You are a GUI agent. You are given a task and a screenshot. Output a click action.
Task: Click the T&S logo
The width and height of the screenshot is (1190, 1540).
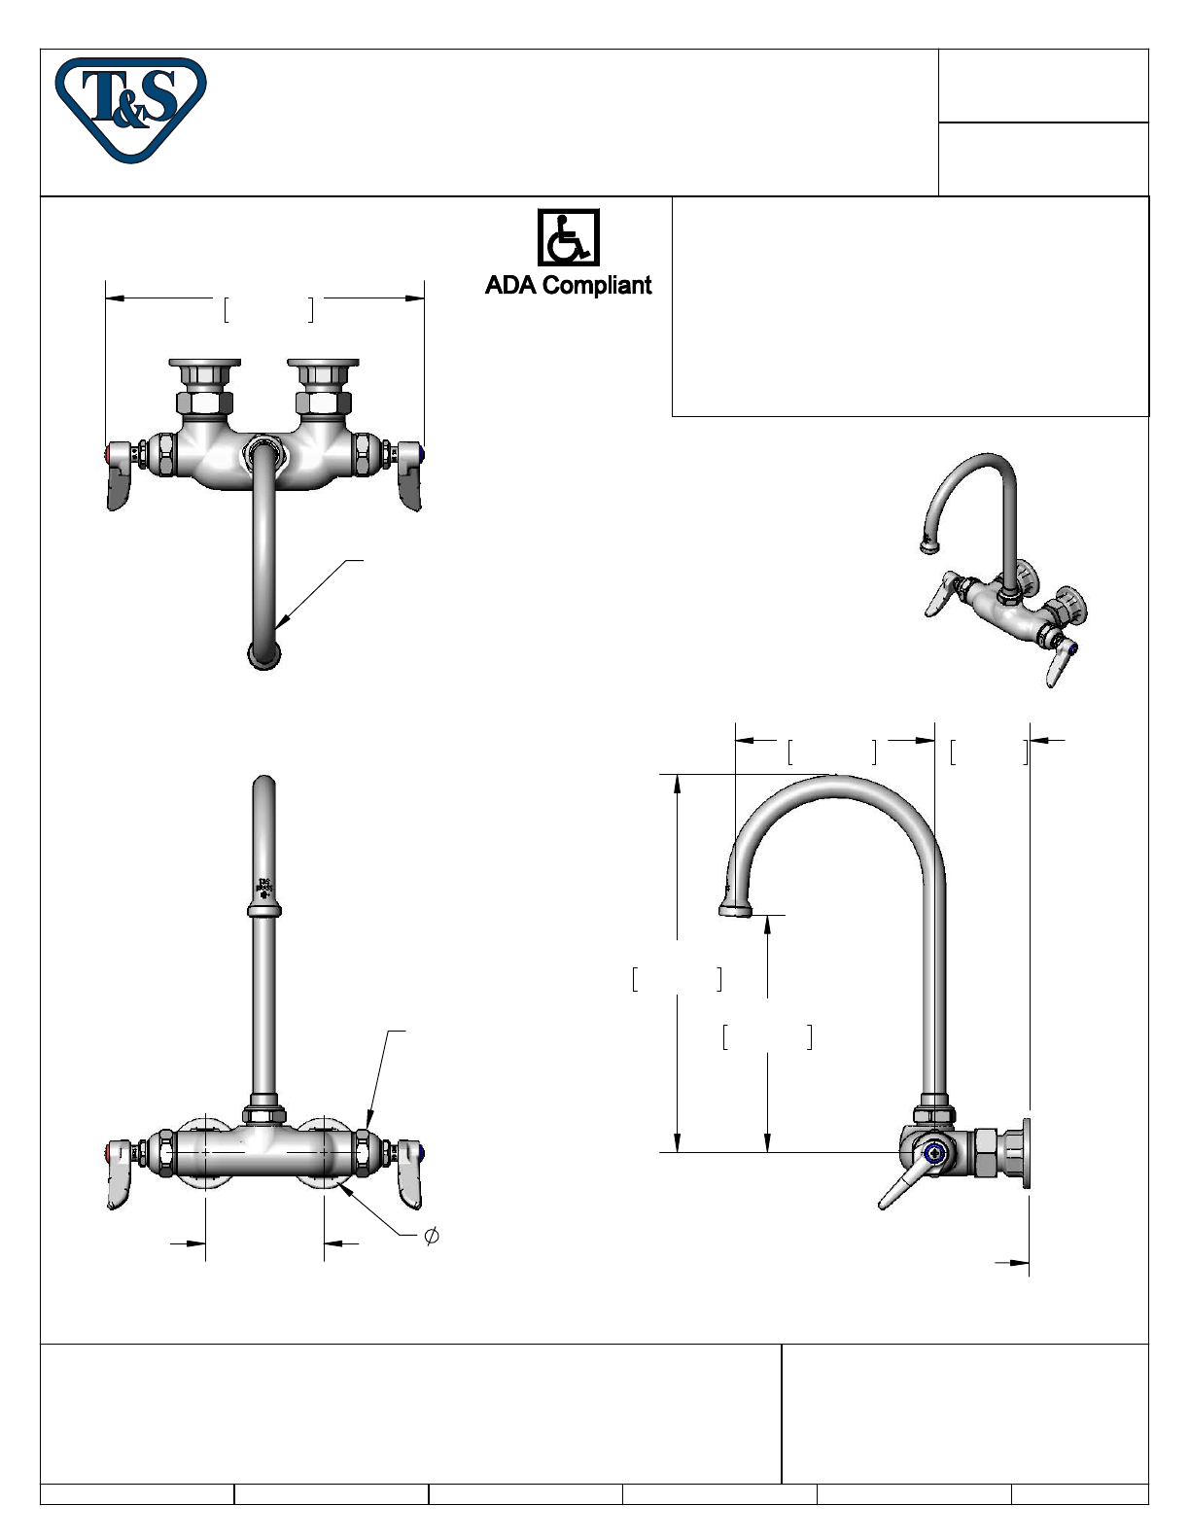click(131, 110)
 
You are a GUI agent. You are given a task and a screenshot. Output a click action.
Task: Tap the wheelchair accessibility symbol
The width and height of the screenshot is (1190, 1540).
click(569, 237)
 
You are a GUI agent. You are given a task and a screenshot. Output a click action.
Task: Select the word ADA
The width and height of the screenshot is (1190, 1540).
click(511, 285)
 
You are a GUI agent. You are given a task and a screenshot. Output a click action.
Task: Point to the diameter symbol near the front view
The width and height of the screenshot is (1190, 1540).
click(431, 1236)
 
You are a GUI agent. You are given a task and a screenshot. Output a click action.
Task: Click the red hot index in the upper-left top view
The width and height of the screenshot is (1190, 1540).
click(109, 454)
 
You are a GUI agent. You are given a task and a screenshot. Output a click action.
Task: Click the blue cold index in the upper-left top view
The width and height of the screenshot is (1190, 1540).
click(422, 454)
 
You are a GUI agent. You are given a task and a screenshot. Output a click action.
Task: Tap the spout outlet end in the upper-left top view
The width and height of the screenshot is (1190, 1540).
click(264, 655)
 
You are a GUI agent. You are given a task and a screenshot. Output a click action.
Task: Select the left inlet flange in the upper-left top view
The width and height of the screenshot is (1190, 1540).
click(205, 364)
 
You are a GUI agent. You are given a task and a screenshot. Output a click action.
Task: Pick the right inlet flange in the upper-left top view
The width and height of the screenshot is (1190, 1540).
click(323, 364)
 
